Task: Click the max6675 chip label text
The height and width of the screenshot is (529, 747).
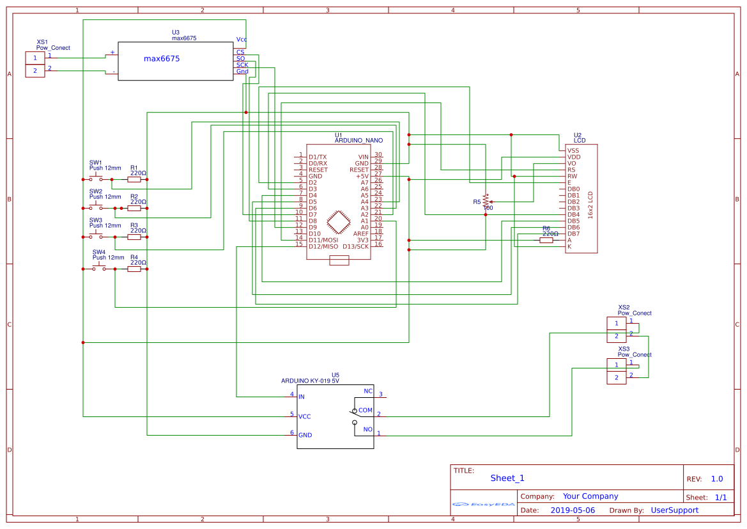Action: pos(162,59)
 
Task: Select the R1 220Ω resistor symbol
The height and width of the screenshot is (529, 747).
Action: pos(134,180)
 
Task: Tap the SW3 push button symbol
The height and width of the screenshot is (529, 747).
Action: pos(96,236)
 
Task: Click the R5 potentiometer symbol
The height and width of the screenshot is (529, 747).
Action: pos(486,201)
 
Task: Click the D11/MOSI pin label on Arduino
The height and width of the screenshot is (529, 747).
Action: pos(323,240)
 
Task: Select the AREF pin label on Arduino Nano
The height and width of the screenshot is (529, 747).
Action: pos(361,233)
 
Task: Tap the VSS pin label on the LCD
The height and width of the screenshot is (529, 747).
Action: pos(573,150)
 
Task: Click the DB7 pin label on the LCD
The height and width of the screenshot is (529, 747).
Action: pos(574,233)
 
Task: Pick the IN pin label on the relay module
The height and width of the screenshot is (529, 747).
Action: pos(302,397)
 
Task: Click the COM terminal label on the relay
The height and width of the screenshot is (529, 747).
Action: pos(365,410)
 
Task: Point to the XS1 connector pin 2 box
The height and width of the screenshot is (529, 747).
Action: pos(35,71)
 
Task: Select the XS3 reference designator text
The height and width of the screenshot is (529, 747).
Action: pos(624,349)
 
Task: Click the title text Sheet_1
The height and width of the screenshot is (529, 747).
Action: pos(507,478)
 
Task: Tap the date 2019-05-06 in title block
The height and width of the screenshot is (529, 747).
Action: pos(573,510)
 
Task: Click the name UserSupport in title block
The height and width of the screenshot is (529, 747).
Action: pos(674,510)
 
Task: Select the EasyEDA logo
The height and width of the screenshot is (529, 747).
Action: pos(483,504)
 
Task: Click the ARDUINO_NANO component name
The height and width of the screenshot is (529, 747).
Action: pos(358,140)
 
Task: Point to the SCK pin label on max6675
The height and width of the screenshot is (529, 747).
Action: pos(242,65)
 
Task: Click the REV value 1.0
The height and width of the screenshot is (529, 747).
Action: pos(717,478)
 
